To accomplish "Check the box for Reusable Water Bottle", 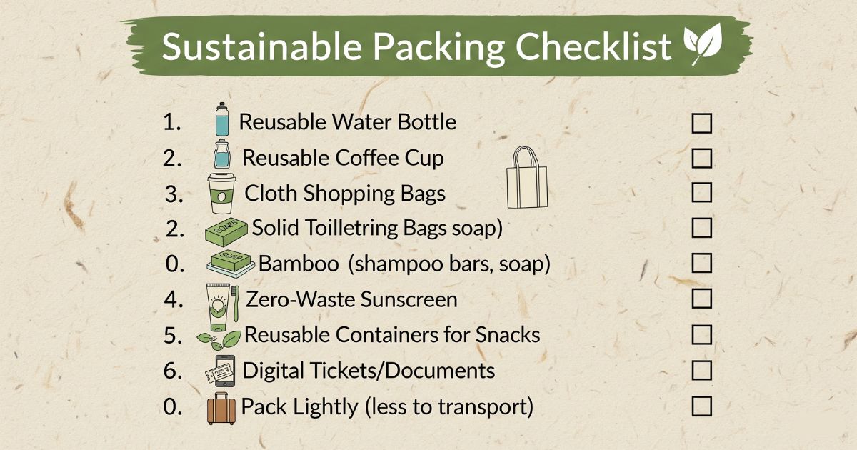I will pos(701,123).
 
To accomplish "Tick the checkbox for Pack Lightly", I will pos(701,407).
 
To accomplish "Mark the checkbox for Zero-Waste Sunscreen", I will pos(701,299).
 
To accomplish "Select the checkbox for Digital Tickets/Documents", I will pos(701,371).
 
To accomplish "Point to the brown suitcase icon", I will pos(221,408).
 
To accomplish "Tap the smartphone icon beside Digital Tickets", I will pos(223,371).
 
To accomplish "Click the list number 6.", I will pos(173,371).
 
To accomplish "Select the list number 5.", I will pos(173,335).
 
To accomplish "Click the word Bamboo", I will pos(299,264).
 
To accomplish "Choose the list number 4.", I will pos(173,299).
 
